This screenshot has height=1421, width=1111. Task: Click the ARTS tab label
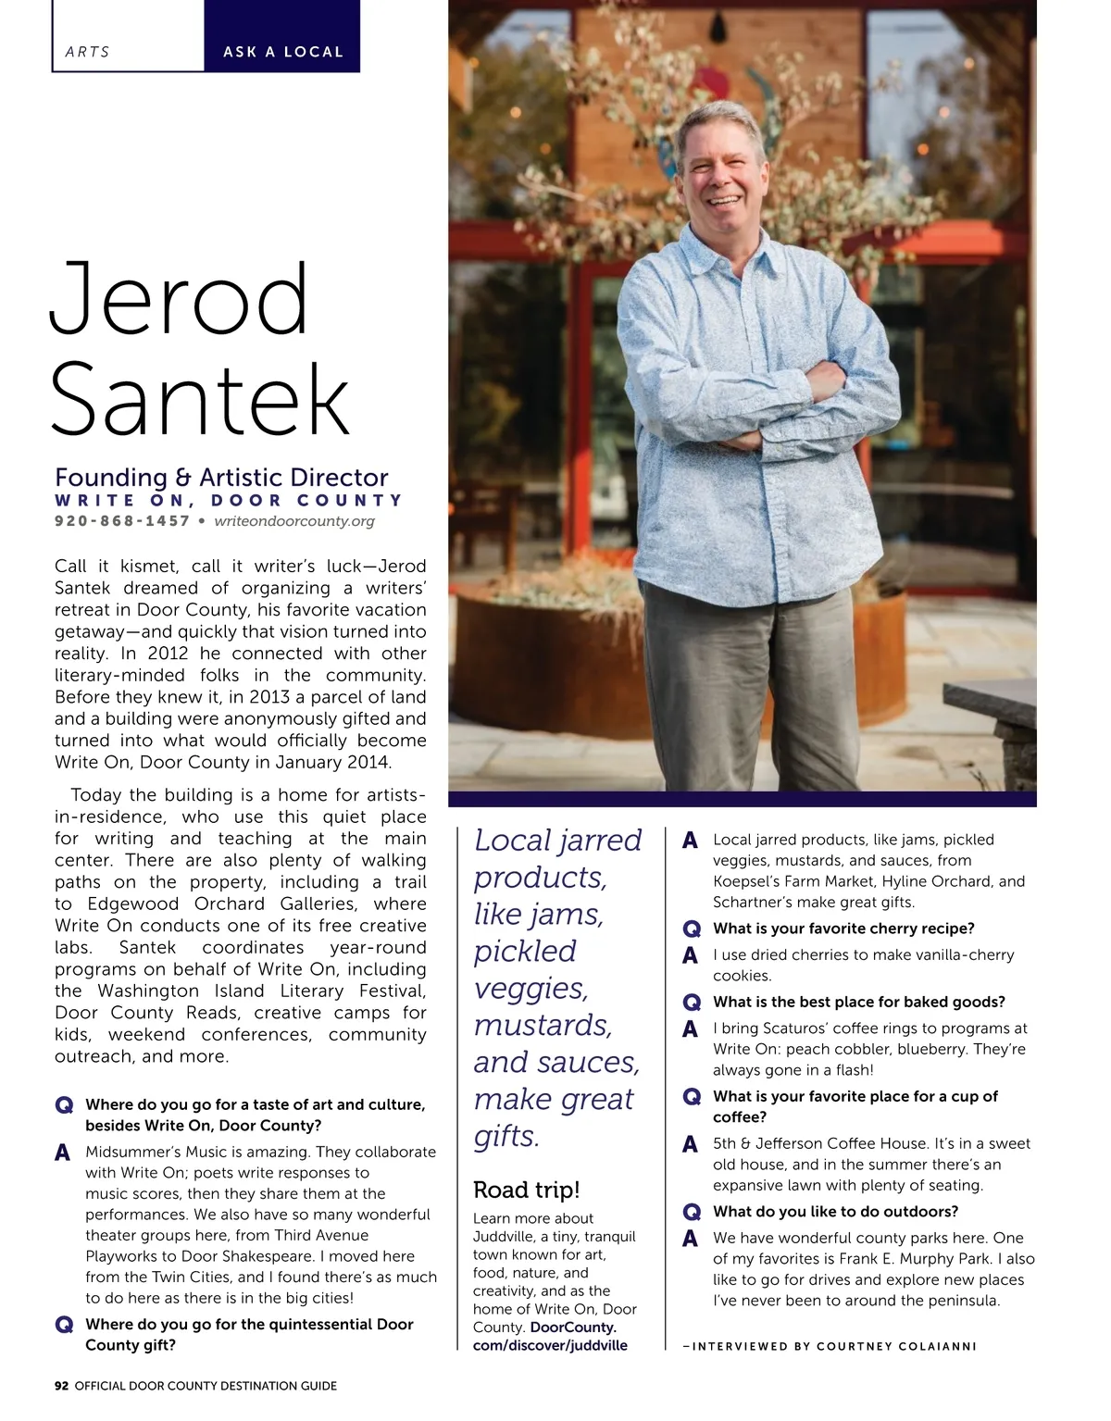pos(87,53)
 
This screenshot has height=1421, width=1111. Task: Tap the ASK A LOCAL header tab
pos(282,53)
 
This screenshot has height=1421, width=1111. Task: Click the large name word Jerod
pos(178,300)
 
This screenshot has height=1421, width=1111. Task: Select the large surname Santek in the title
pos(200,400)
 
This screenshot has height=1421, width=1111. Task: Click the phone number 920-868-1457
pos(122,521)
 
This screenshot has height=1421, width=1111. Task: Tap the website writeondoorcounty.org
pos(294,521)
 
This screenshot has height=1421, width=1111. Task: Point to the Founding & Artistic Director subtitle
pos(221,478)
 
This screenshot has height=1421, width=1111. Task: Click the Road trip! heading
pos(526,1190)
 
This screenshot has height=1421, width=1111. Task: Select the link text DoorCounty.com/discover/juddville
pos(550,1336)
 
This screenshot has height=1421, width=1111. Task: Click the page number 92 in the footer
pos(62,1386)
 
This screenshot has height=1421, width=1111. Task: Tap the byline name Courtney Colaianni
pos(896,1346)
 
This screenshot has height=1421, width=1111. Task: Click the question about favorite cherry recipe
pos(843,929)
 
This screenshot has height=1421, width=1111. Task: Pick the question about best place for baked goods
pos(858,1002)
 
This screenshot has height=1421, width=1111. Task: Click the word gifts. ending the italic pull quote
pos(506,1136)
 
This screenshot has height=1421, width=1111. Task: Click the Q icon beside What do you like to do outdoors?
pos(691,1212)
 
